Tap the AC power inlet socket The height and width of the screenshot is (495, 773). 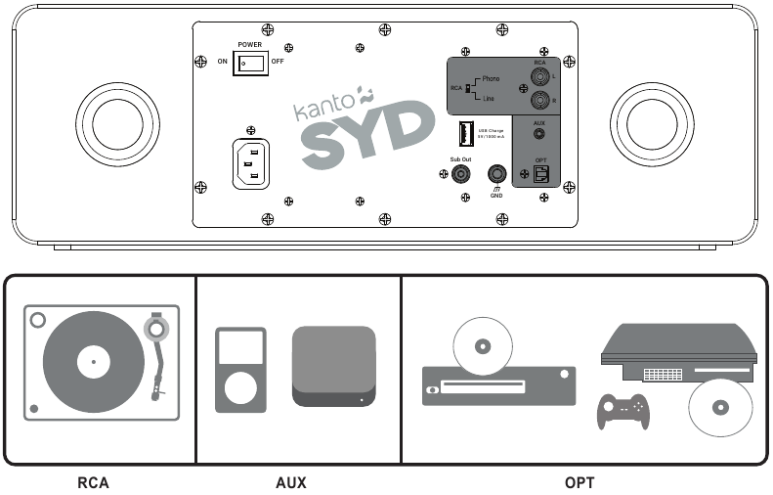point(251,162)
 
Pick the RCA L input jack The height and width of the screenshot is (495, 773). point(539,76)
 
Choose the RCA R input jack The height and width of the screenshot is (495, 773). point(539,100)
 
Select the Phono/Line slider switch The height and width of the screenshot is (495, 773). point(468,89)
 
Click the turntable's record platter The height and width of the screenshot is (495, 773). point(94,363)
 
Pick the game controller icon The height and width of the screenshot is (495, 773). point(623,410)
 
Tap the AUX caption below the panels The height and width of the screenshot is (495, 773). point(290,482)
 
